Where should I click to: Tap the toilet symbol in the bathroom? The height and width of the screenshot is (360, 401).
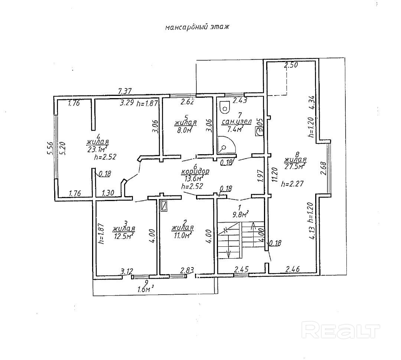click(x=224, y=107)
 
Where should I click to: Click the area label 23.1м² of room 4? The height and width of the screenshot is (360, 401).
click(x=98, y=149)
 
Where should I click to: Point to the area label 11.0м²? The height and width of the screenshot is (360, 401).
click(x=182, y=235)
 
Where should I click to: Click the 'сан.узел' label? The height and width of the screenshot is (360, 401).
click(x=237, y=121)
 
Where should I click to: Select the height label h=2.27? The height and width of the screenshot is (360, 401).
click(x=291, y=183)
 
